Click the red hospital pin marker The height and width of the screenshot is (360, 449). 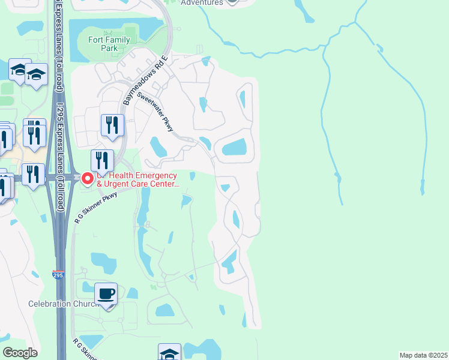click(x=88, y=179)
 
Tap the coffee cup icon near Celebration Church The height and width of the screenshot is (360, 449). click(x=106, y=294)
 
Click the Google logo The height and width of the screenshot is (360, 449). click(x=20, y=353)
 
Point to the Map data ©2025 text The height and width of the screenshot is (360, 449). click(x=424, y=355)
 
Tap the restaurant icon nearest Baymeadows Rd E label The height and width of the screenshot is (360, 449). click(x=112, y=125)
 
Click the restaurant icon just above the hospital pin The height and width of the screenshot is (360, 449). click(x=102, y=161)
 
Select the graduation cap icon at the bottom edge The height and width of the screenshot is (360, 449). click(x=169, y=353)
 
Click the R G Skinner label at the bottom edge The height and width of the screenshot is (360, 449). click(x=85, y=349)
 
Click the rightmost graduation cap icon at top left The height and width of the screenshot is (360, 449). click(x=37, y=74)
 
